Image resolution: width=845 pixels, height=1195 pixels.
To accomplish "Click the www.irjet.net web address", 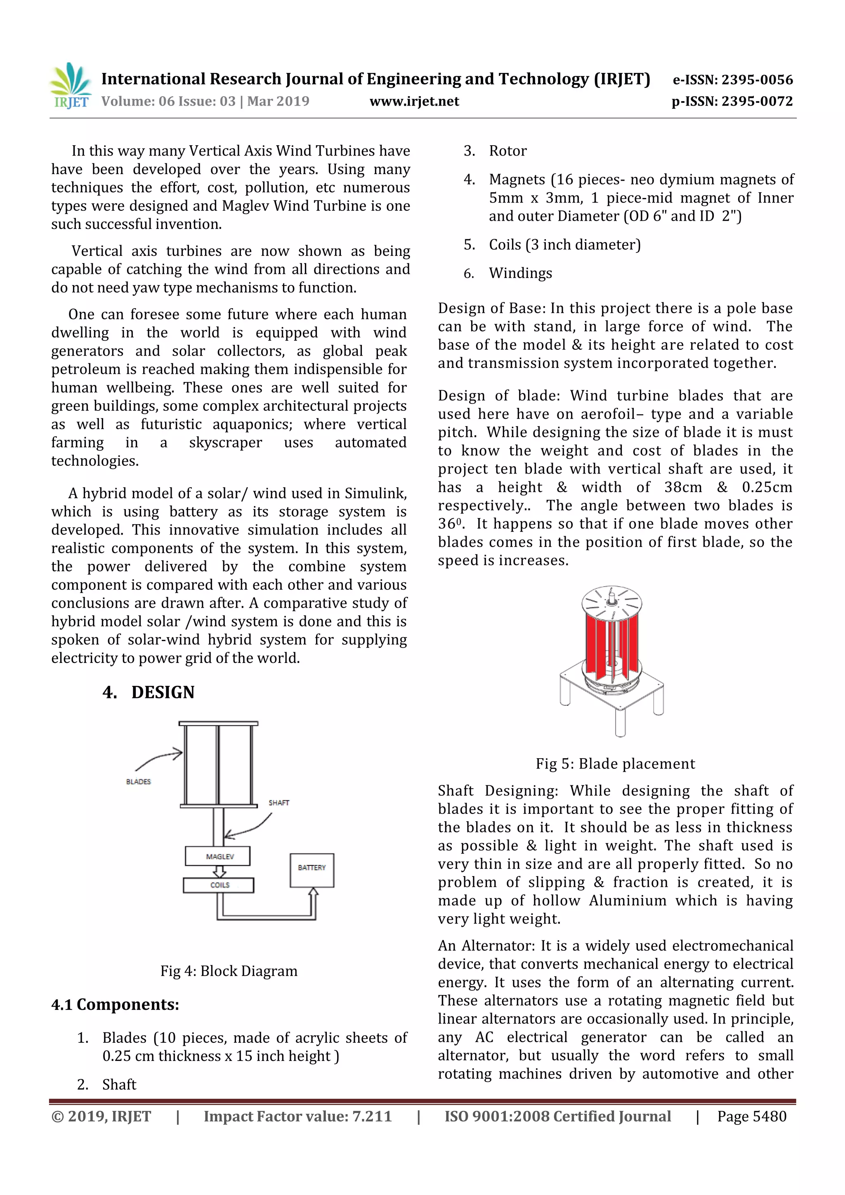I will pyautogui.click(x=414, y=101).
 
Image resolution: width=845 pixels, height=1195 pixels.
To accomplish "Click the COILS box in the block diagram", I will pyautogui.click(x=219, y=885).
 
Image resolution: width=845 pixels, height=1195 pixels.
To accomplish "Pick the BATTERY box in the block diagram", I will pyautogui.click(x=312, y=870).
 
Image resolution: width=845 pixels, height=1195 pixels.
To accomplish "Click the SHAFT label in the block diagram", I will pyautogui.click(x=279, y=803).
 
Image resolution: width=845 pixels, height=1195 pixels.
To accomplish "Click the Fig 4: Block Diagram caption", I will pyautogui.click(x=229, y=971).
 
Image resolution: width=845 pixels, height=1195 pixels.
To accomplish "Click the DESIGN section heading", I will pyautogui.click(x=163, y=692).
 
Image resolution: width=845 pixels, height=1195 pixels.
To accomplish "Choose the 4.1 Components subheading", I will pyautogui.click(x=115, y=1004).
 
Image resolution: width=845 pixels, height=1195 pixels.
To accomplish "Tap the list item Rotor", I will pyautogui.click(x=507, y=151).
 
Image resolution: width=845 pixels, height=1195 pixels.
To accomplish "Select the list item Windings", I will pyautogui.click(x=520, y=273).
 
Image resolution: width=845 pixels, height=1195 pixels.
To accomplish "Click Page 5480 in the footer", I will pyautogui.click(x=751, y=1116).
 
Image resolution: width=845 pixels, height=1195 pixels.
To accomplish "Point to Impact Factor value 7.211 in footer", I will pyautogui.click(x=297, y=1116).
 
